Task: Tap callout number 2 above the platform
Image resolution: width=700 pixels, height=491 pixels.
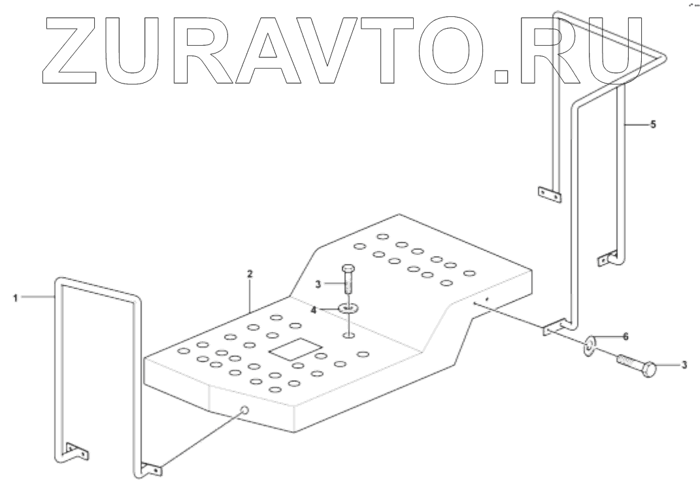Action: (250, 274)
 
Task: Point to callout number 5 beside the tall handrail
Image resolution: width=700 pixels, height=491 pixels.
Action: (653, 124)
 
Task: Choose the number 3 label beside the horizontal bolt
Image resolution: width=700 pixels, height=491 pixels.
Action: (684, 366)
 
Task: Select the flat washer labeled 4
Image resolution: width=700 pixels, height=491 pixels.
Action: (348, 307)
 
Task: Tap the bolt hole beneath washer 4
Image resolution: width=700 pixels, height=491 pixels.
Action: (349, 336)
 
